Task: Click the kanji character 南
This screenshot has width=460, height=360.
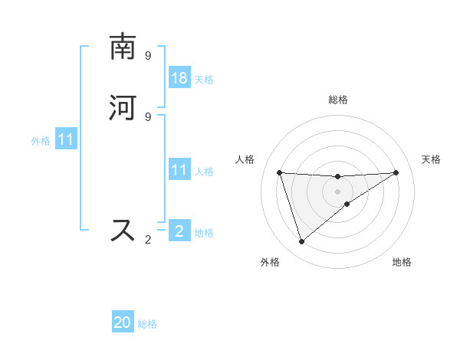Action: coord(123,47)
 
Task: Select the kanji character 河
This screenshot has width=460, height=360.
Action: coord(123,108)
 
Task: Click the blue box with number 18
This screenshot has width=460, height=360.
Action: coord(179,77)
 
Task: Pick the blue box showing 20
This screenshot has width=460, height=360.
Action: coord(123,322)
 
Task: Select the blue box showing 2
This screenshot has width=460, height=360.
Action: coord(179,231)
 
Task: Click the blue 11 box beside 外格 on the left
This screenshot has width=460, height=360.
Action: coord(66,139)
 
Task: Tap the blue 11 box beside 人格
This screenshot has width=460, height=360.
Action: coord(179,170)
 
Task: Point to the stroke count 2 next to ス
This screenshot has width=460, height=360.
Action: coord(148,240)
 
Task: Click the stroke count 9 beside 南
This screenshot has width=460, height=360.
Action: coord(148,55)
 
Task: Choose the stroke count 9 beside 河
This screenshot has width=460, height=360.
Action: coord(148,116)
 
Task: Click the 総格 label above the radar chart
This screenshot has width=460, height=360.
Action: coord(338,100)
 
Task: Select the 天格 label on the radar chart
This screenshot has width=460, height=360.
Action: coord(432,159)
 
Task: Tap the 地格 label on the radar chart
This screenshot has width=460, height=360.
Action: coord(402,262)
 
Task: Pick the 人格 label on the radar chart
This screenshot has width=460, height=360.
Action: coord(245,159)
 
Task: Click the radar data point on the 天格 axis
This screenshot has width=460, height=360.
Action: coord(396,172)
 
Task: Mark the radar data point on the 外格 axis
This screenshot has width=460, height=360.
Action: coord(301,242)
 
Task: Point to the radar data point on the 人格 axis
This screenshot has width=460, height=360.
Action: coord(279,172)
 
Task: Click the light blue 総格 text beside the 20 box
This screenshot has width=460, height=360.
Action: coord(147,323)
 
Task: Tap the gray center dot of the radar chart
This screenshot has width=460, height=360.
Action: coord(338,191)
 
